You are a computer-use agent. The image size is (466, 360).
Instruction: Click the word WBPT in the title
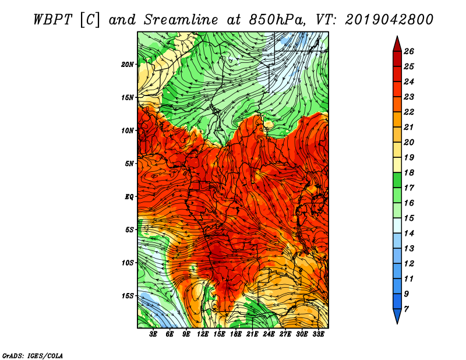(52, 20)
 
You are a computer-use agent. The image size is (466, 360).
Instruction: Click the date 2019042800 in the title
(389, 20)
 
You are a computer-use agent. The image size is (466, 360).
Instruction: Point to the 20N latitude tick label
(128, 65)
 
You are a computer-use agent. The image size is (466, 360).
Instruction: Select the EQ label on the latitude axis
(129, 197)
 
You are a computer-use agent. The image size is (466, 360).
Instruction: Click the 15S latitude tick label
(128, 296)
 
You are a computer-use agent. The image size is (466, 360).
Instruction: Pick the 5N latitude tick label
(129, 164)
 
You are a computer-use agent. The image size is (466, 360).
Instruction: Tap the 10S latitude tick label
(128, 263)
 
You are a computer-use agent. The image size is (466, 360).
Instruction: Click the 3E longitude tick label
(153, 334)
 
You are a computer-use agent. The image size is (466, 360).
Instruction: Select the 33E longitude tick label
(318, 334)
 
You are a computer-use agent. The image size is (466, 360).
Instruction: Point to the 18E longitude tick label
(236, 334)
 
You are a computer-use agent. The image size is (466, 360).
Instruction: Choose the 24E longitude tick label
(269, 334)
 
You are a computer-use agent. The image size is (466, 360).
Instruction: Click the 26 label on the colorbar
(409, 51)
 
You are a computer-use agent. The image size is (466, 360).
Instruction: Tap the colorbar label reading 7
(406, 309)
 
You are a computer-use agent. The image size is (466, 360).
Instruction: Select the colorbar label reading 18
(409, 172)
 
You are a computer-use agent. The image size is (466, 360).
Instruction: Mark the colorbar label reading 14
(409, 234)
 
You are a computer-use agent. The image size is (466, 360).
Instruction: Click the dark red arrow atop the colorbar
(397, 45)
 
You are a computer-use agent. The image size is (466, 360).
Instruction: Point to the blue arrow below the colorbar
(397, 315)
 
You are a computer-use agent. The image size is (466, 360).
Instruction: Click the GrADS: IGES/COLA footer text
(33, 355)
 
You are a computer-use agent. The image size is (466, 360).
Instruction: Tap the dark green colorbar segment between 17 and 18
(397, 180)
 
